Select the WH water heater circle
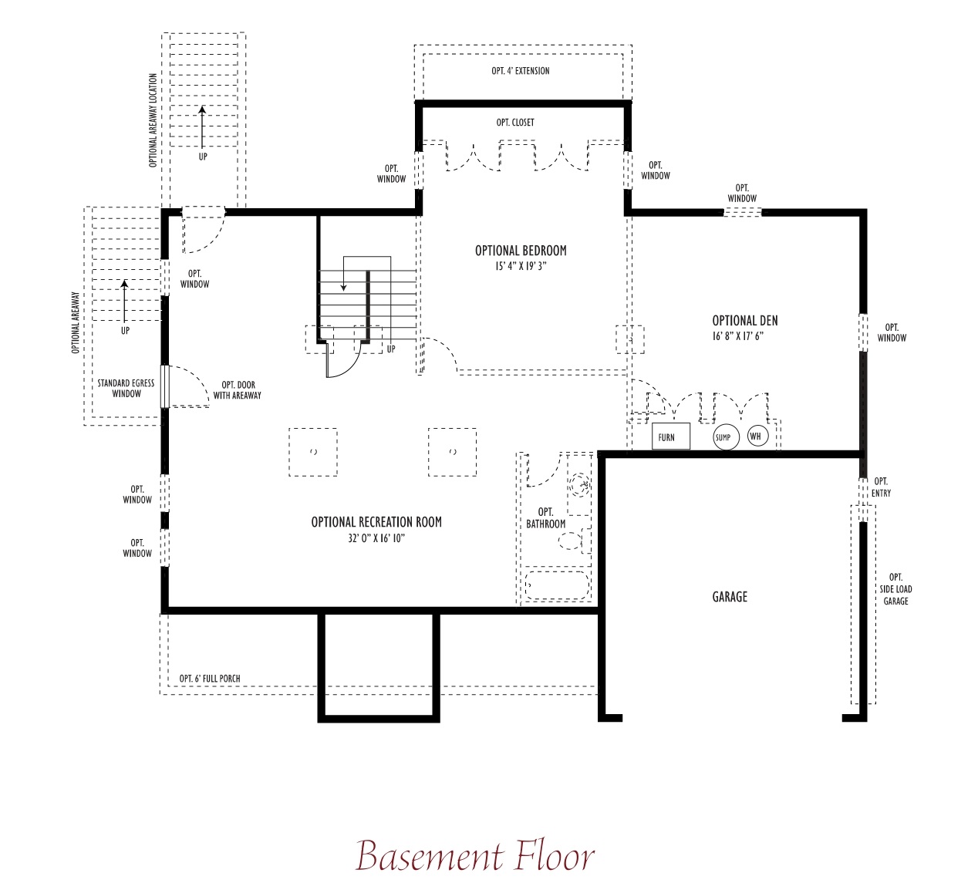[x=757, y=436]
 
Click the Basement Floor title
[x=474, y=855]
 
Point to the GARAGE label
[x=730, y=596]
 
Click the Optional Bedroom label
[x=521, y=250]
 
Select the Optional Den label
[x=744, y=321]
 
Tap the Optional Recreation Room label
[x=376, y=522]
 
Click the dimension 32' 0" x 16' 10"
[x=376, y=538]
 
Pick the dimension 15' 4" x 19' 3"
[x=521, y=266]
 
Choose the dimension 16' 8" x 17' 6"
[x=737, y=336]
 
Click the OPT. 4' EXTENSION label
[x=521, y=71]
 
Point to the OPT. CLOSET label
[x=515, y=123]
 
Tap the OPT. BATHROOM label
[x=546, y=517]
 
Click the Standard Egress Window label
[x=126, y=388]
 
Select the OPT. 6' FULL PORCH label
[x=210, y=679]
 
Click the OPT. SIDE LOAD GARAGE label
[x=895, y=589]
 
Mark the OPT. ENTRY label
[x=881, y=487]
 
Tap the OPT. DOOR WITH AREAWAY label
[x=238, y=390]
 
